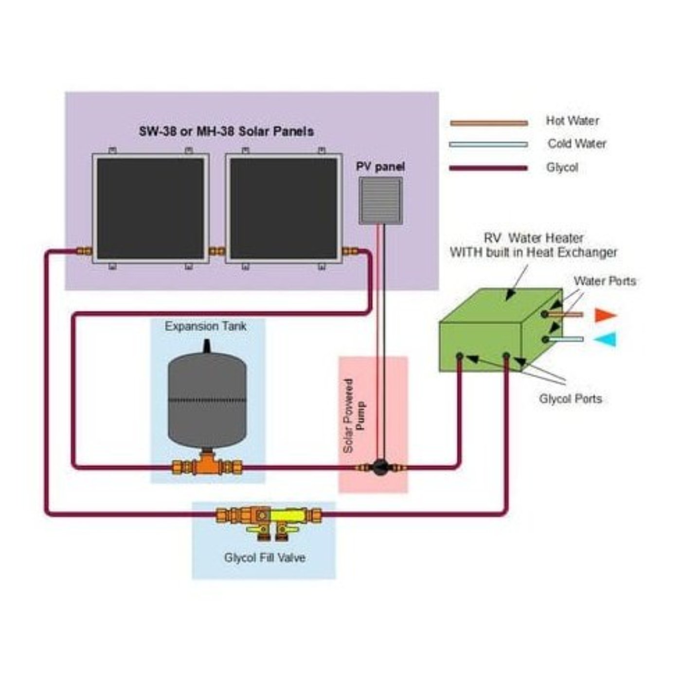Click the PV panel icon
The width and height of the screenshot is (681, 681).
380,200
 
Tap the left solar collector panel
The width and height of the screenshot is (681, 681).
150,208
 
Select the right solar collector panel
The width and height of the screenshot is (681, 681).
284,208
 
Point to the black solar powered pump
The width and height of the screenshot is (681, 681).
379,467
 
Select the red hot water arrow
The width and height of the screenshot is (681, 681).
605,315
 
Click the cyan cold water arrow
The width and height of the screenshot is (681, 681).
605,339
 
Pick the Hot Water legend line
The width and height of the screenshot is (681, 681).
488,123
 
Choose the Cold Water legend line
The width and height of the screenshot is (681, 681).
488,144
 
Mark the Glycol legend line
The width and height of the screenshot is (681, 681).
488,168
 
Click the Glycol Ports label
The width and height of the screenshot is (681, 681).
570,399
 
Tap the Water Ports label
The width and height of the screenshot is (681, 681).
605,281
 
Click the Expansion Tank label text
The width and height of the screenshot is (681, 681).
205,326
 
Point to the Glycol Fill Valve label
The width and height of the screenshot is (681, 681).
265,557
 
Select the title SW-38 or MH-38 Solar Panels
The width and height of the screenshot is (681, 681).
226,131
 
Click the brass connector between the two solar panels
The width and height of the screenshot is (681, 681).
217,251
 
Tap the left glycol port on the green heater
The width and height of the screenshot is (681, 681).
459,357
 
